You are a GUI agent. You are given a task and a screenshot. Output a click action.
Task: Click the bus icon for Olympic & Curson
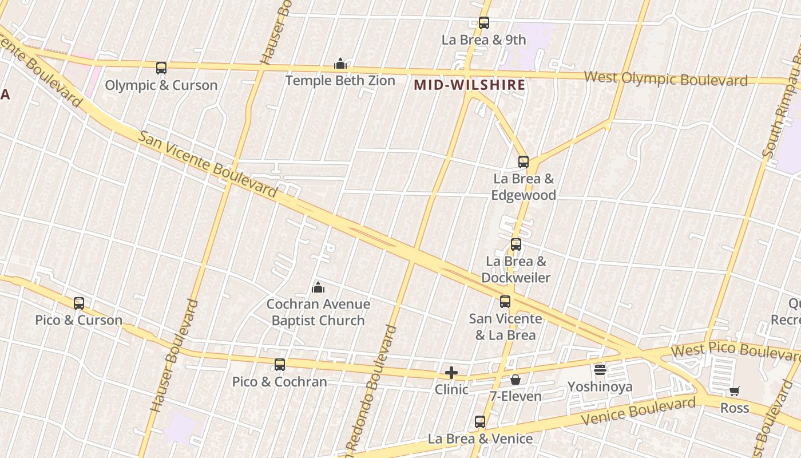pos(161,68)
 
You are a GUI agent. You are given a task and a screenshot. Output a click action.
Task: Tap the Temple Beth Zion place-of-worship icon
pos(340,64)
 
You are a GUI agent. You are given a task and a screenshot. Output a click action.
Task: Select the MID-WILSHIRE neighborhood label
pos(469,85)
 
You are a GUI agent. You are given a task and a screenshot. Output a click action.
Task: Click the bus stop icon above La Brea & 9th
pos(484,23)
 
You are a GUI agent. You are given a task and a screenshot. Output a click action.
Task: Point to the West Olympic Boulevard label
pos(665,78)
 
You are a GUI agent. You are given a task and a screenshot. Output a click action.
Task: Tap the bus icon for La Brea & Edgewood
pos(524,162)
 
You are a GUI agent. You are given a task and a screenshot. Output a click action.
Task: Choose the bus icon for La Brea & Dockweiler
pos(516,244)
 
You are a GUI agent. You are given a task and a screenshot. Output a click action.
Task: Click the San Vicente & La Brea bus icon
pos(505,302)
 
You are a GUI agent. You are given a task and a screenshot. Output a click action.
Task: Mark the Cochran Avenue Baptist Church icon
pos(318,287)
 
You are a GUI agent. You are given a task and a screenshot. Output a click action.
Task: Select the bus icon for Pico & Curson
pos(79,303)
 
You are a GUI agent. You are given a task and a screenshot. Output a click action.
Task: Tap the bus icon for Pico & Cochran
pos(280,365)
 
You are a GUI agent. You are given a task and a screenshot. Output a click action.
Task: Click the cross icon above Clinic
pos(451,373)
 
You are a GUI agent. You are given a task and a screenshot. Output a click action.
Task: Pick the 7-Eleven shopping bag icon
pos(516,379)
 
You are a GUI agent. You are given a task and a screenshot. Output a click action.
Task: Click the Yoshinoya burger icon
pos(600,370)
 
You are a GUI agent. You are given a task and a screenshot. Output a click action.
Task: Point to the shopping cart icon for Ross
pos(735,392)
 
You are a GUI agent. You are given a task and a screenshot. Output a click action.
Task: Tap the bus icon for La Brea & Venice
pos(480,422)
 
